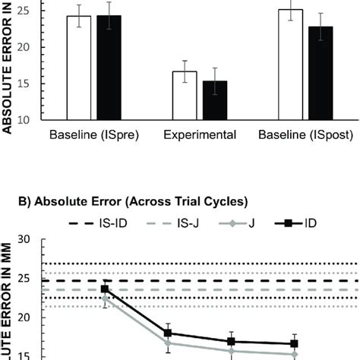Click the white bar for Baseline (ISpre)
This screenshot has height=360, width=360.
[x=79, y=68]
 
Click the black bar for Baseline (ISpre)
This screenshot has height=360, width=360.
[x=109, y=68]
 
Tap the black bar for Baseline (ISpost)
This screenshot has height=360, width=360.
[x=320, y=73]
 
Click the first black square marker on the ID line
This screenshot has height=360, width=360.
[x=105, y=289]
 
